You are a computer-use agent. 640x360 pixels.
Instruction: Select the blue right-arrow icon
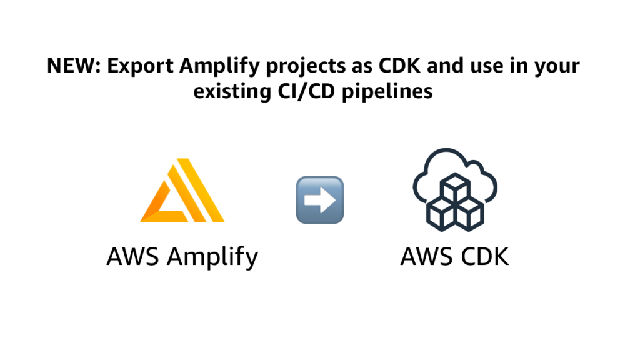pyautogui.click(x=319, y=200)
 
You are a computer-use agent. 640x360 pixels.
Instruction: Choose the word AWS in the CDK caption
pyautogui.click(x=425, y=256)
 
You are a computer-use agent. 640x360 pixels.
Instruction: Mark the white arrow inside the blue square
pyautogui.click(x=319, y=200)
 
